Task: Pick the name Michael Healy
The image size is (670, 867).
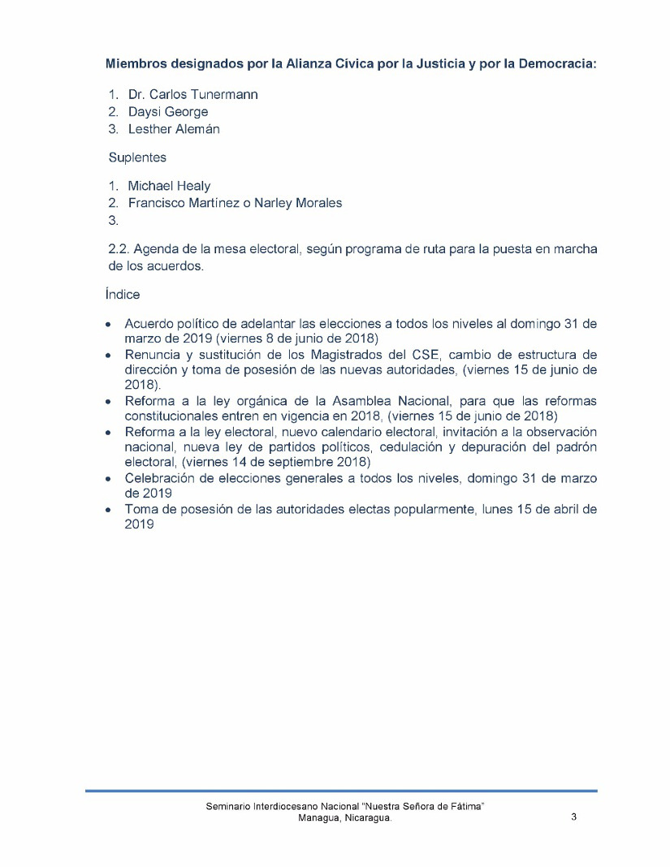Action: click(x=169, y=187)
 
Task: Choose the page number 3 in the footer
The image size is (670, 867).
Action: click(x=573, y=817)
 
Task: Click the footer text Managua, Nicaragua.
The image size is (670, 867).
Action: click(x=346, y=819)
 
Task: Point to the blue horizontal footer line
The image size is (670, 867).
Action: click(x=341, y=790)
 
